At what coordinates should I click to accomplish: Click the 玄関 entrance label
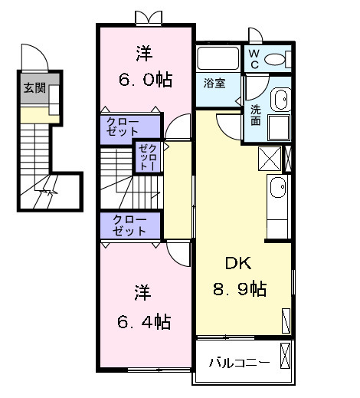(34, 88)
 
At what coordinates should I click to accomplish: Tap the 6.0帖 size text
(143, 77)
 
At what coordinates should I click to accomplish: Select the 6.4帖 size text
(143, 321)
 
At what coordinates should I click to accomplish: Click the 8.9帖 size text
(239, 290)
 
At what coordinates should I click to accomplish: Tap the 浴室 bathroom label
(214, 83)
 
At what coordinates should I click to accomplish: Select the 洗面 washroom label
(255, 114)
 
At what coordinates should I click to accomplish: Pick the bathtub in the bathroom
(218, 58)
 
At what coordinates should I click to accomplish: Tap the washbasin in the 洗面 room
(281, 100)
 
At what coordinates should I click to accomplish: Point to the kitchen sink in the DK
(278, 186)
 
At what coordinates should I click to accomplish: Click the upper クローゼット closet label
(128, 127)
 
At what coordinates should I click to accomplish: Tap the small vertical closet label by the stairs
(146, 156)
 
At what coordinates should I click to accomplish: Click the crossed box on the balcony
(286, 357)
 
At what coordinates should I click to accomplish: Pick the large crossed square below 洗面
(270, 158)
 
